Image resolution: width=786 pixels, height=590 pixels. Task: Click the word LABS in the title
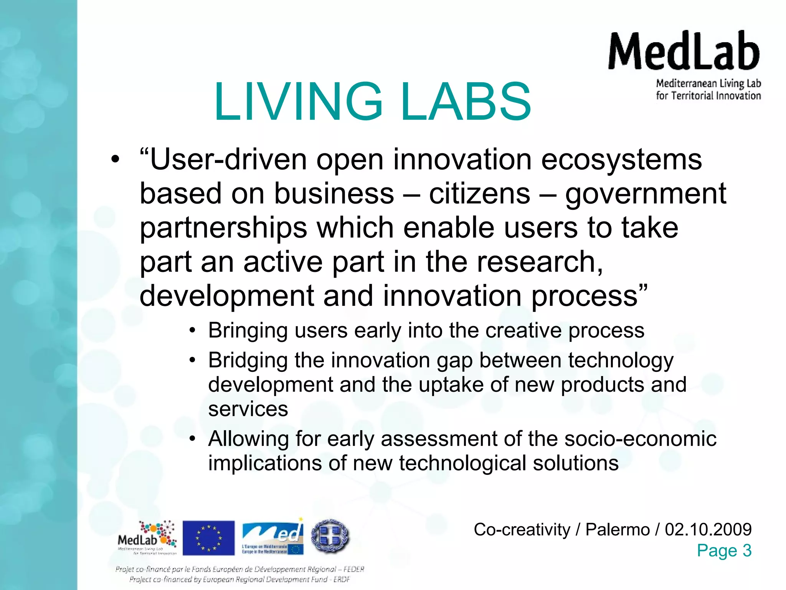tap(466, 101)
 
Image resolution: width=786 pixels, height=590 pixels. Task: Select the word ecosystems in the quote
tap(621, 159)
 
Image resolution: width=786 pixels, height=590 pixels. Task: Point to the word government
tap(646, 193)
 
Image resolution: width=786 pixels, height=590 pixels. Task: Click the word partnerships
tap(223, 227)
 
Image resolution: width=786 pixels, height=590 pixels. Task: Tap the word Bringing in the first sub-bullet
tap(248, 330)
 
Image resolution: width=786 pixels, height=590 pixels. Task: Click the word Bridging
tap(248, 361)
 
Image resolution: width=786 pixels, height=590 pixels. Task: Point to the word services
tap(248, 409)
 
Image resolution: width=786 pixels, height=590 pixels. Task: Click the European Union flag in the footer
tap(208, 538)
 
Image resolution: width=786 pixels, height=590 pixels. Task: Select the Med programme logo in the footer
tap(273, 537)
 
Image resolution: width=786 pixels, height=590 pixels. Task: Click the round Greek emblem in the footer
tap(330, 536)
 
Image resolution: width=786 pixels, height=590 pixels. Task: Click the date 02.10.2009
tap(708, 529)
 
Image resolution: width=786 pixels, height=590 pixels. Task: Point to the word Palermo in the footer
tap(618, 529)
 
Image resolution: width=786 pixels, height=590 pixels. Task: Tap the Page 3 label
tap(724, 550)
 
